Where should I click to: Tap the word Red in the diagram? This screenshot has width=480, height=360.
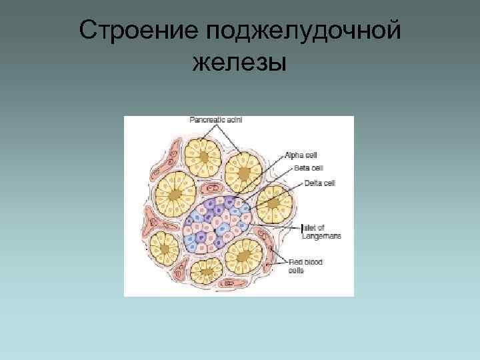[x=293, y=263]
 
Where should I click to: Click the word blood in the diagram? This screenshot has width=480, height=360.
[x=311, y=263]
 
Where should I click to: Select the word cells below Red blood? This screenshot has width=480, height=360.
[x=295, y=271]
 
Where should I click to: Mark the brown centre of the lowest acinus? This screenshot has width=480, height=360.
[x=207, y=271]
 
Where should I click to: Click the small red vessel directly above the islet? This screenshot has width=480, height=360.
[x=215, y=185]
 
